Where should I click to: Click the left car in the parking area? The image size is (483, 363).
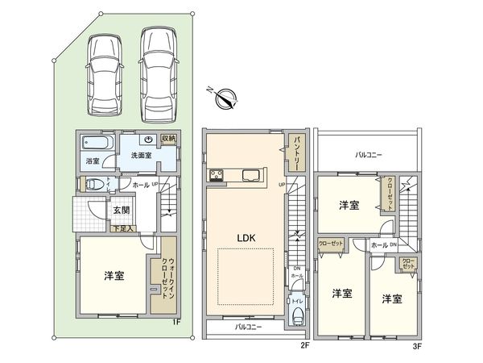[x=103, y=74]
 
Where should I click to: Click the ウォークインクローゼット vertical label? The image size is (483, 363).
[x=167, y=272]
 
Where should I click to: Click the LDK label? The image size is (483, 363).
[x=246, y=238]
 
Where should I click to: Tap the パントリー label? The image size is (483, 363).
[x=297, y=148]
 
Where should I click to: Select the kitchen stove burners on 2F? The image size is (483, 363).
[x=217, y=176]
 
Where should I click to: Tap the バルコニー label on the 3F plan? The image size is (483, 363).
[x=369, y=153]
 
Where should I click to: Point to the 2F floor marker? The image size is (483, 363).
[x=304, y=344]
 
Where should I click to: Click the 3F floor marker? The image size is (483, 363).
[x=416, y=344]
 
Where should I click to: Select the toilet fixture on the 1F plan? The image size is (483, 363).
[x=93, y=183]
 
